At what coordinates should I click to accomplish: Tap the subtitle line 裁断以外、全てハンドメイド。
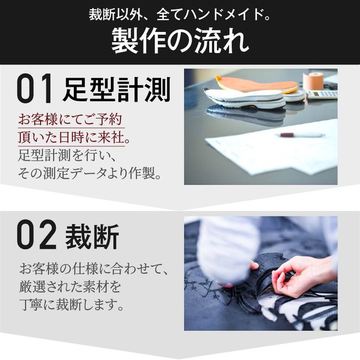click(x=180, y=15)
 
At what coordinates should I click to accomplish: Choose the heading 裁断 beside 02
click(x=92, y=236)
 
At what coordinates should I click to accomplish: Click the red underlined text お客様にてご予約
click(x=70, y=118)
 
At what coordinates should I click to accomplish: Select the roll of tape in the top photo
click(x=313, y=81)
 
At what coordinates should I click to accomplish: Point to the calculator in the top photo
click(x=323, y=94)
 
